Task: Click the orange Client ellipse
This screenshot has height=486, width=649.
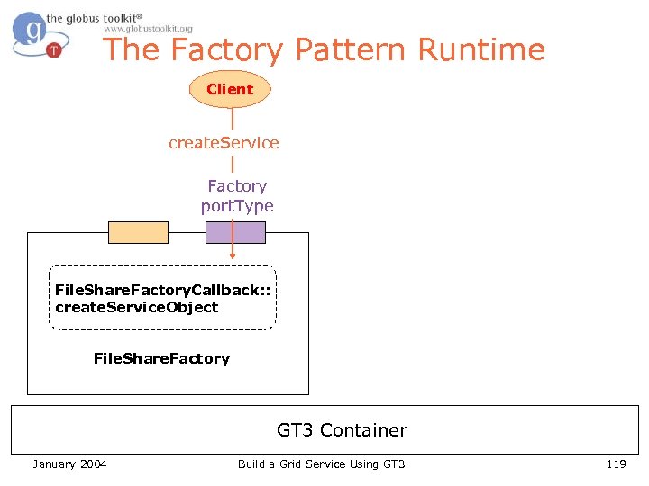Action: point(230,89)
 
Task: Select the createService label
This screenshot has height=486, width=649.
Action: point(224,143)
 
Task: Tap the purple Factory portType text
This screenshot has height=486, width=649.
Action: point(237,196)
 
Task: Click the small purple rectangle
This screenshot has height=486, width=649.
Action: point(235,232)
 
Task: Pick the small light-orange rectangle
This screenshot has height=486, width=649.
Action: point(138,232)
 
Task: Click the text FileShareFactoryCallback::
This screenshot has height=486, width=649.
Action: point(162,290)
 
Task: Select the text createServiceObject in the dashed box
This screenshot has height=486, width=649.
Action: point(137,307)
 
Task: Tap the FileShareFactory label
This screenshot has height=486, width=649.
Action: point(161,358)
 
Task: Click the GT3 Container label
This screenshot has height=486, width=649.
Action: point(342,430)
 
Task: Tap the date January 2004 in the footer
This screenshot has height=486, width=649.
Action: point(69,463)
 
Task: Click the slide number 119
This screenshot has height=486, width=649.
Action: point(616,463)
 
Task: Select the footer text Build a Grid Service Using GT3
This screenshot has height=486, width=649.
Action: point(322,463)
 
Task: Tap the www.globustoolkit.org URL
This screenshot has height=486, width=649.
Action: point(148,29)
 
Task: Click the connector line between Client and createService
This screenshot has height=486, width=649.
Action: point(233,119)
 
